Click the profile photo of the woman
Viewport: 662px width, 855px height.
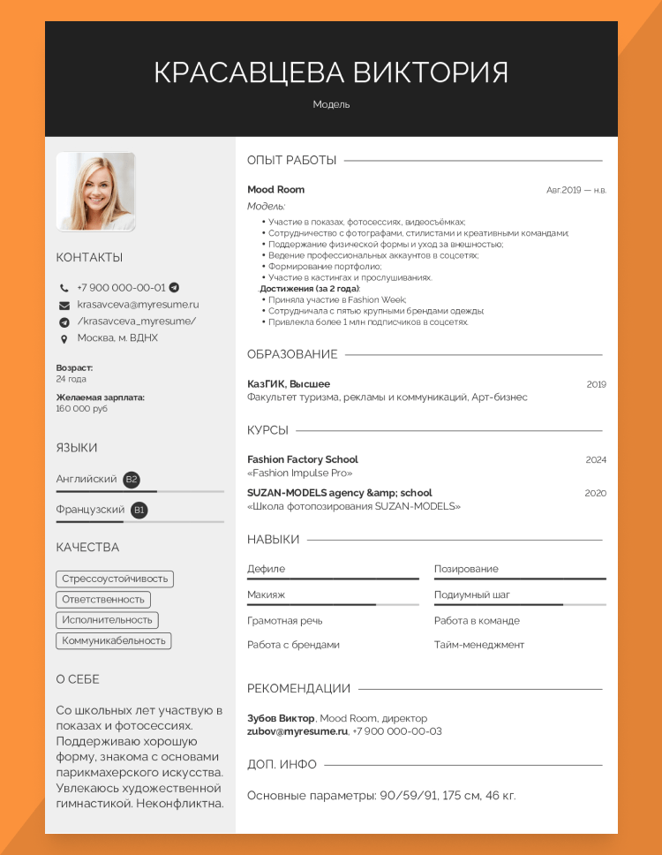click(95, 192)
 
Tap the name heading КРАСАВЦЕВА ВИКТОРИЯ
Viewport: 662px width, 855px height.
click(331, 72)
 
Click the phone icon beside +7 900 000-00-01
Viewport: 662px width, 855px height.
click(64, 288)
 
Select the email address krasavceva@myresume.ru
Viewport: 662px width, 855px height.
click(138, 305)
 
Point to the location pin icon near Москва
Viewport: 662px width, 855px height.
click(64, 338)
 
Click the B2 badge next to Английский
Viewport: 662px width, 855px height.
click(132, 480)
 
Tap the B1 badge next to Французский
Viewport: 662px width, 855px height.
click(139, 511)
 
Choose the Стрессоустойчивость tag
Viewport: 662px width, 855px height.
click(115, 579)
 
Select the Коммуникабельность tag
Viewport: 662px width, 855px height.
click(114, 640)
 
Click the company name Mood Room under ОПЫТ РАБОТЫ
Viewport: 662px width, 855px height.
click(275, 190)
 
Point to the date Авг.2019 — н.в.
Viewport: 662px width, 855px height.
click(576, 190)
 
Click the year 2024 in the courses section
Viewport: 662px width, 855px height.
click(596, 460)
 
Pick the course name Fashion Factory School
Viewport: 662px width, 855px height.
click(303, 460)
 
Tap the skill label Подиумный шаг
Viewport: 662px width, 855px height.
click(472, 595)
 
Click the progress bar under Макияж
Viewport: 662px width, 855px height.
click(333, 605)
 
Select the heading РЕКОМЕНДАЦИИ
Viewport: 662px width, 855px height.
click(298, 689)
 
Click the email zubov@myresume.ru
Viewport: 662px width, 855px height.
click(297, 731)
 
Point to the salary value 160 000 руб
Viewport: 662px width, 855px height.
click(82, 409)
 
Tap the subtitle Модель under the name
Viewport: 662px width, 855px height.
click(331, 104)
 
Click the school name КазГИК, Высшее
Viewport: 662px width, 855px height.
click(289, 384)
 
